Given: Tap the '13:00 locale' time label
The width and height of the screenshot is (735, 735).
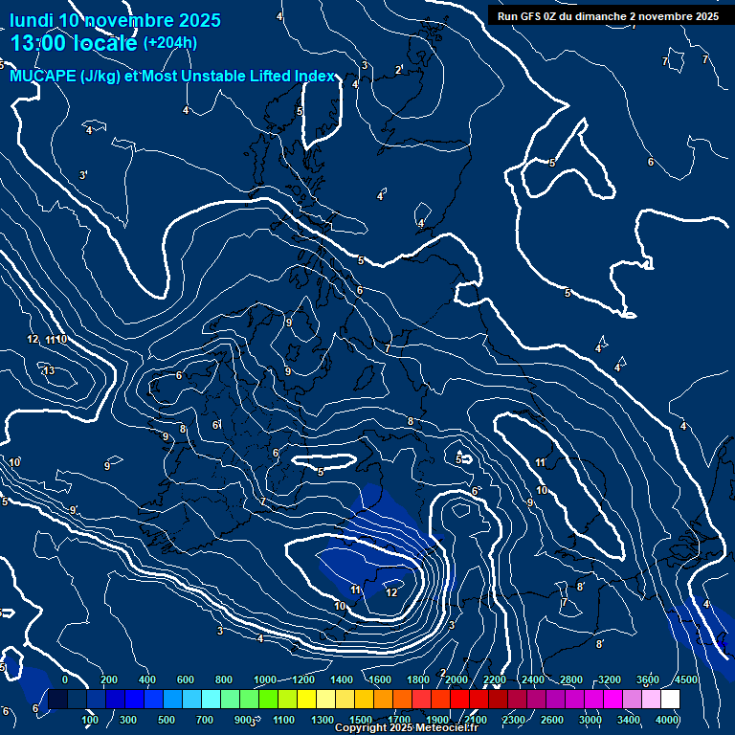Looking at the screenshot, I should pyautogui.click(x=74, y=43).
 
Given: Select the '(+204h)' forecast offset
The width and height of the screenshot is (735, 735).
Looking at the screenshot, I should pyautogui.click(x=170, y=43).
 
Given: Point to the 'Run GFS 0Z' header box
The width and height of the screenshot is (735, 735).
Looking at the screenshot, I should pyautogui.click(x=609, y=16).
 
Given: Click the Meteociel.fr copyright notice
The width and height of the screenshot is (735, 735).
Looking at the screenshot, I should pyautogui.click(x=406, y=728).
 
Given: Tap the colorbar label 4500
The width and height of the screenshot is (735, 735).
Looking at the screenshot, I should pyautogui.click(x=686, y=679).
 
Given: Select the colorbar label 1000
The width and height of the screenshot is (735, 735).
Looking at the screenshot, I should pyautogui.click(x=265, y=679).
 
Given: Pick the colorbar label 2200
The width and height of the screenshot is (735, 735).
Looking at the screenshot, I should pyautogui.click(x=495, y=679).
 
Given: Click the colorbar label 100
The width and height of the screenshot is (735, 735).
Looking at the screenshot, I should pyautogui.click(x=91, y=720).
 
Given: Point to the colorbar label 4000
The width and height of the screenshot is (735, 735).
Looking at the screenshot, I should pyautogui.click(x=668, y=720).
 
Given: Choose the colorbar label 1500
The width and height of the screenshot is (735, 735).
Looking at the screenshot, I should pyautogui.click(x=361, y=720).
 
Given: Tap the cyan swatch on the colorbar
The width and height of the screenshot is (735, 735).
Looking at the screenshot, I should pyautogui.click(x=211, y=700).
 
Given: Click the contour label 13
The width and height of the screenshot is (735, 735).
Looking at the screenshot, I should pyautogui.click(x=49, y=370).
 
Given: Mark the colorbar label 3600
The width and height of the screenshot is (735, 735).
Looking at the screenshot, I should pyautogui.click(x=648, y=679).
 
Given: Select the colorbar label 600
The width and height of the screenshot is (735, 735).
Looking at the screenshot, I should pyautogui.click(x=186, y=679).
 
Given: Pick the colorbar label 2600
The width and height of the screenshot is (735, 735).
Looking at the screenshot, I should pyautogui.click(x=552, y=720).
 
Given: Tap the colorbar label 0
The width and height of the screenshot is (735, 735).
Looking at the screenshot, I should pyautogui.click(x=65, y=679).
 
